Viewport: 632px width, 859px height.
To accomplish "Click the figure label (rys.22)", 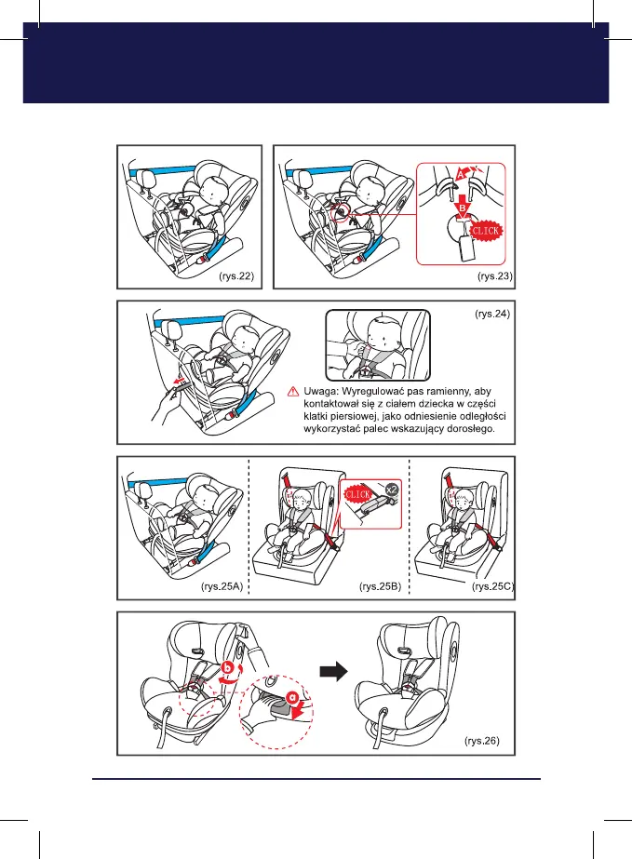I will point(237,276).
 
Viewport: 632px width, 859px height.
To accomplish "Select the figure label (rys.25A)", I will point(222,587).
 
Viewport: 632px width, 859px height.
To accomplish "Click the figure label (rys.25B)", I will point(379,587).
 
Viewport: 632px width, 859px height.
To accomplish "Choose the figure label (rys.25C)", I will point(493,587).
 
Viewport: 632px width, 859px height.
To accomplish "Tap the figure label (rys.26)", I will point(481,742).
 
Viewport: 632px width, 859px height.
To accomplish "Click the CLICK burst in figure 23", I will point(486,228).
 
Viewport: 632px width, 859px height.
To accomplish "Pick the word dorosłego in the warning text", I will point(477,431).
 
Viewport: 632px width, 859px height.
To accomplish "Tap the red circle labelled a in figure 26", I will point(293,695).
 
